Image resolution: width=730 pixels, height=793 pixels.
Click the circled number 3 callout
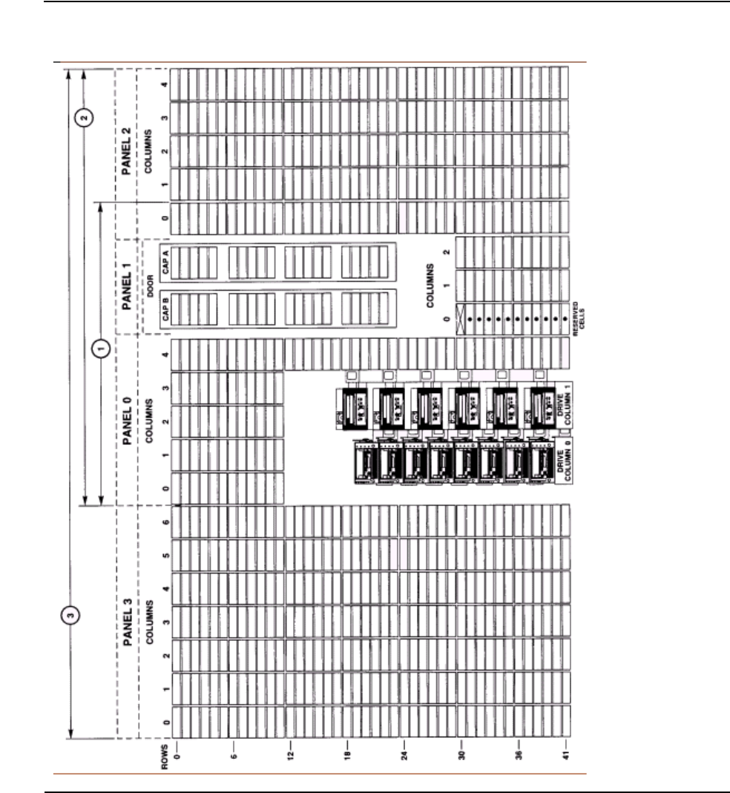pos(68,613)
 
